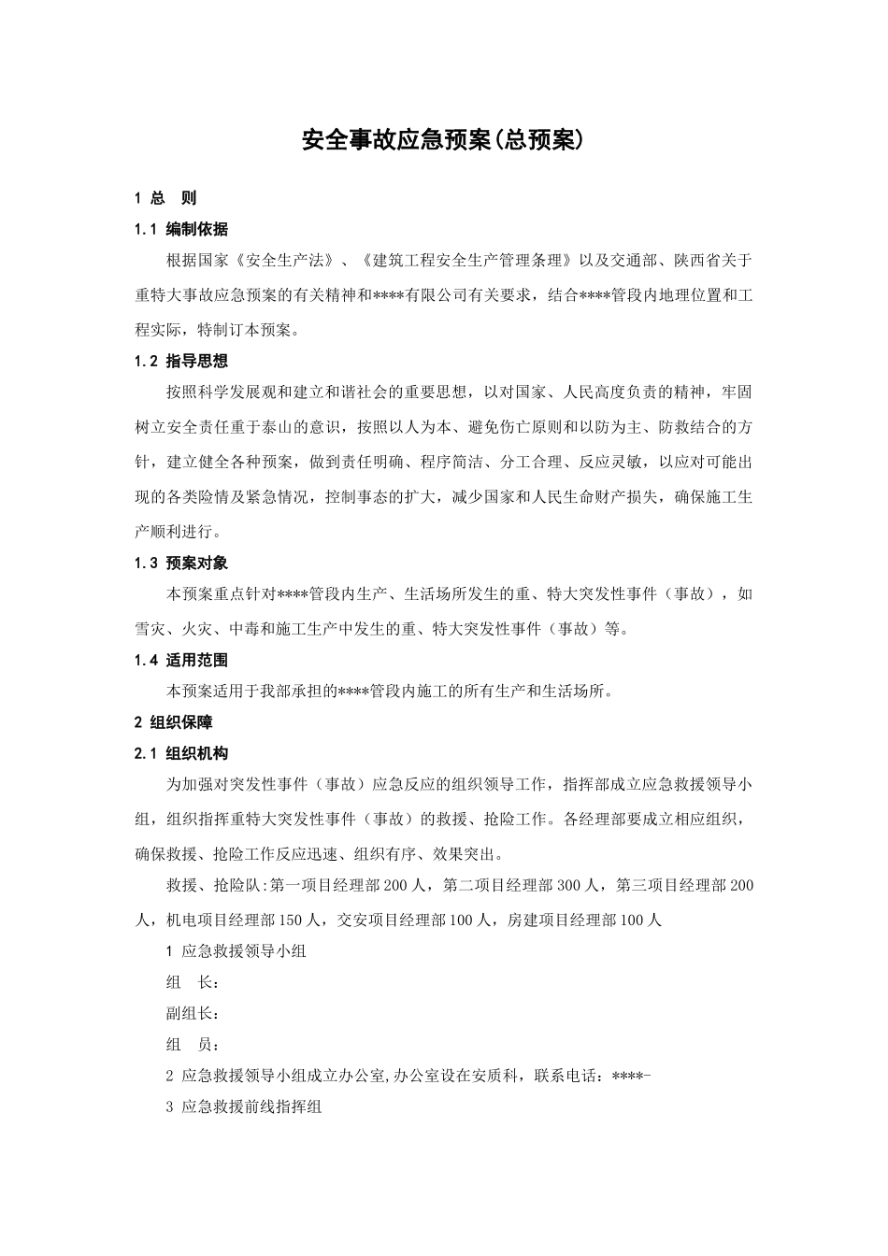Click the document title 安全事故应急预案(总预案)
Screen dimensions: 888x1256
click(x=443, y=140)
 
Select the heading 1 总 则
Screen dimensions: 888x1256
click(x=165, y=198)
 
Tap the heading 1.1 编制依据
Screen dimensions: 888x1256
click(x=181, y=229)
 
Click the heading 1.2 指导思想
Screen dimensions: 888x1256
click(x=181, y=361)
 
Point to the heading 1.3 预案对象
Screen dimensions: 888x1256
click(x=181, y=563)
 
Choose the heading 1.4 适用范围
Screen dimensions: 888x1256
click(x=181, y=660)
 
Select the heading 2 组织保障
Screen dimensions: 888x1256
click(x=174, y=722)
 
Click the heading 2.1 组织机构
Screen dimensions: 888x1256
click(x=181, y=753)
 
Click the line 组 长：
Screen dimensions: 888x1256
click(x=193, y=983)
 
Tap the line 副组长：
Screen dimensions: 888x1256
click(x=193, y=1014)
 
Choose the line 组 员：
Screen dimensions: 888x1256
click(x=193, y=1045)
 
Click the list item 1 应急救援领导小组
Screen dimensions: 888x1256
click(x=236, y=952)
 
